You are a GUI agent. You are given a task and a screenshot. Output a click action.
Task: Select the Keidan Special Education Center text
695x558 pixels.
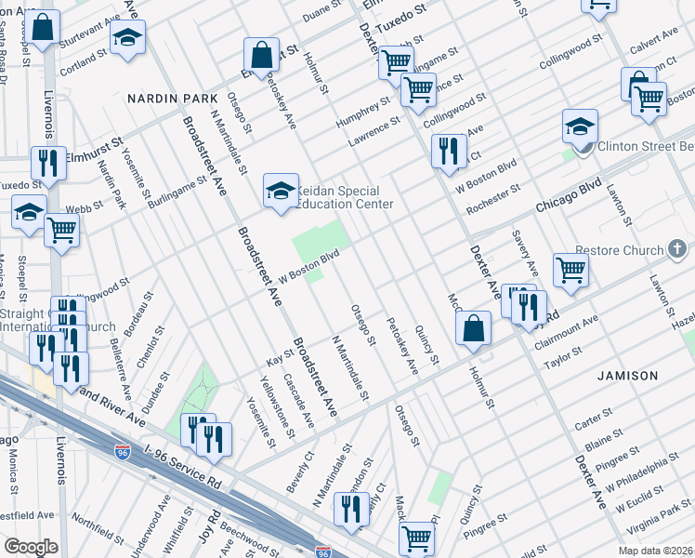[344, 197]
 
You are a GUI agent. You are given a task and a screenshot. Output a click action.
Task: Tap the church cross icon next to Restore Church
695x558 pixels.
[676, 249]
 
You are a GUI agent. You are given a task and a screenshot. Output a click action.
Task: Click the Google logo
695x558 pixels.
[30, 547]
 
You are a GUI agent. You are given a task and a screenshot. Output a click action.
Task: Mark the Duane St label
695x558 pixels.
[323, 15]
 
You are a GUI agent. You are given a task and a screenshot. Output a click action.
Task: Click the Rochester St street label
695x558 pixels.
[493, 202]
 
